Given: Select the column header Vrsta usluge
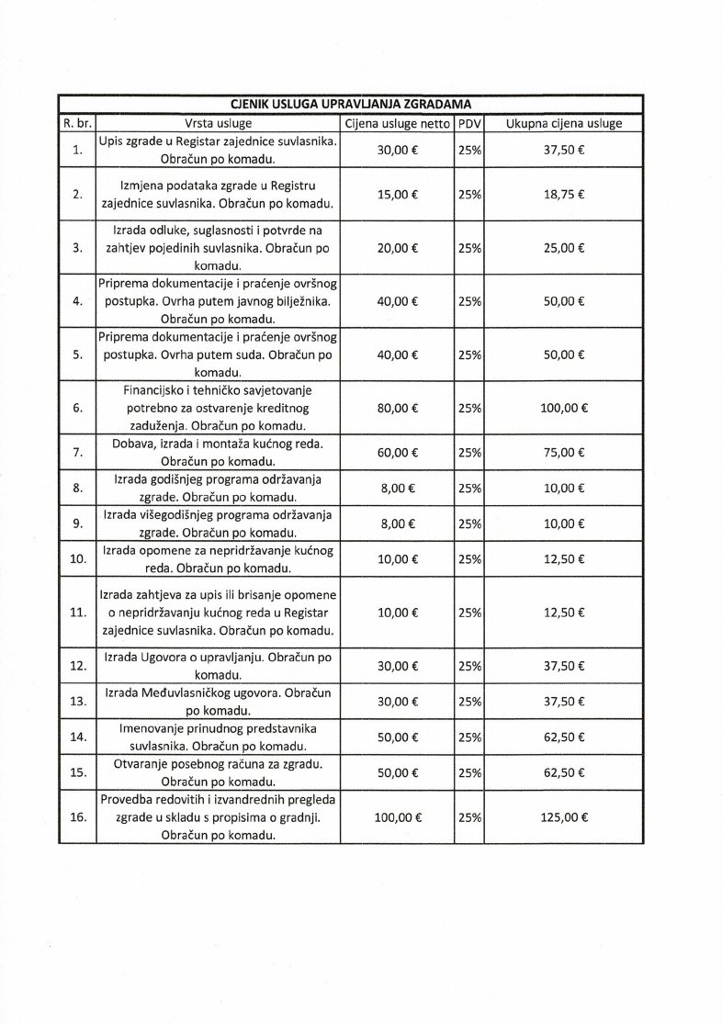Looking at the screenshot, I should [218, 123].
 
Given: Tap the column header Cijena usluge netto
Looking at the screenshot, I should [397, 123].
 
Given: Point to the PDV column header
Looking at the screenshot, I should [469, 123].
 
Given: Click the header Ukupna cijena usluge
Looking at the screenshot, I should [564, 123].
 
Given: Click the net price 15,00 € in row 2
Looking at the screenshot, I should [397, 195].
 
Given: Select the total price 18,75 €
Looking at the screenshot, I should [564, 195].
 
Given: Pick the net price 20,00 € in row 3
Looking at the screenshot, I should [397, 248].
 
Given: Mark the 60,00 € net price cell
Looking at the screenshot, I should [397, 453].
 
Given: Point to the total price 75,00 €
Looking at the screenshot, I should [564, 453].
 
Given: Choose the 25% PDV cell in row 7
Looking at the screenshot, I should [469, 453].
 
